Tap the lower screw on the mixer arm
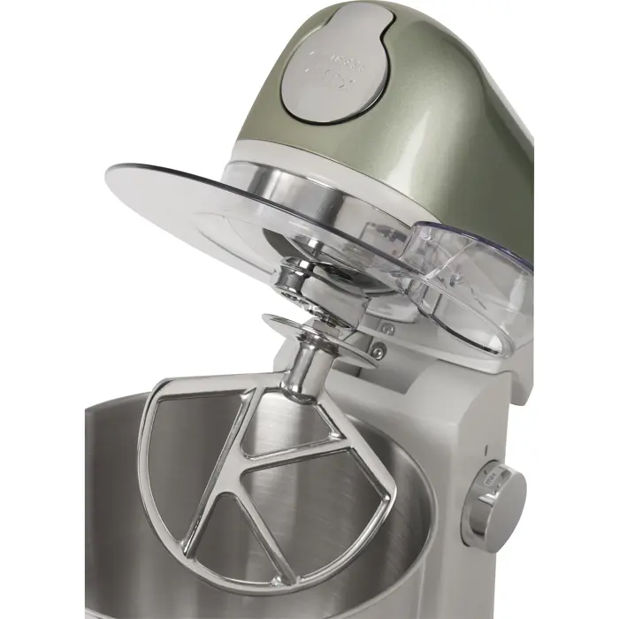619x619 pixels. (378, 353)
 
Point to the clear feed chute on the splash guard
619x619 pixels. (473, 283)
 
